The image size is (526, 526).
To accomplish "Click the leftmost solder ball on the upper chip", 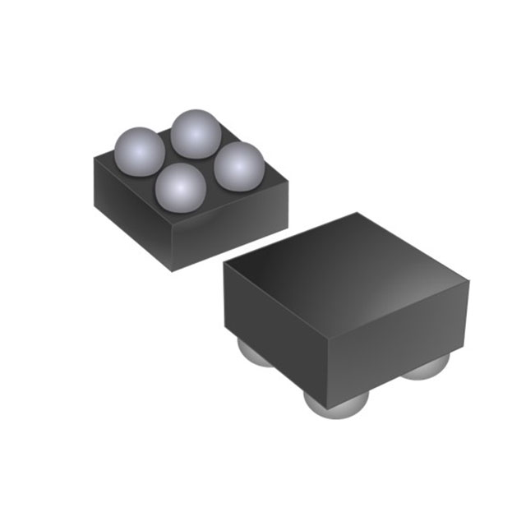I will point(139,151).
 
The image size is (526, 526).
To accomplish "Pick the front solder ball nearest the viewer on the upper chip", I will point(181,187).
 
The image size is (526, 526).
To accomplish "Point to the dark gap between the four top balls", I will point(188,160).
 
